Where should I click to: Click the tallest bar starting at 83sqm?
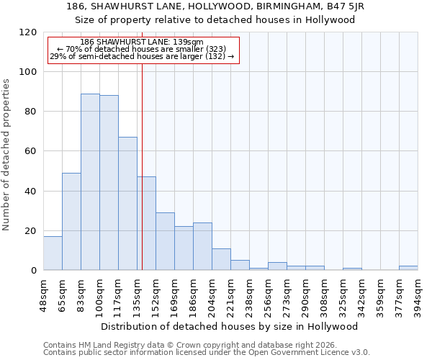(90, 182)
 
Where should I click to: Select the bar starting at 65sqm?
(71, 222)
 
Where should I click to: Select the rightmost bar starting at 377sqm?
(408, 268)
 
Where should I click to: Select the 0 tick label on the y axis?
(33, 271)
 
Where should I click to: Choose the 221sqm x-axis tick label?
(231, 292)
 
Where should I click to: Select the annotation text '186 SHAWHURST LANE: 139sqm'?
(142, 42)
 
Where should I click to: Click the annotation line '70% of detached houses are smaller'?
(142, 49)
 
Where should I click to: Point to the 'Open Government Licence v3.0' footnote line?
(207, 353)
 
